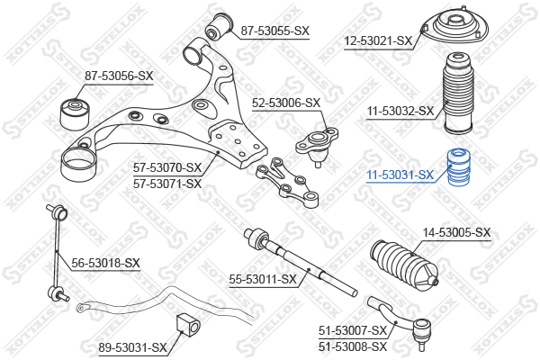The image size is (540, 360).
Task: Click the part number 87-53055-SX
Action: click(274, 31)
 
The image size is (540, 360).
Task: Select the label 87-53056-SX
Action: click(120, 76)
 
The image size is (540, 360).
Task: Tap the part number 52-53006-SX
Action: click(287, 103)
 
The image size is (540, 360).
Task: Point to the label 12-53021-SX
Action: click(378, 40)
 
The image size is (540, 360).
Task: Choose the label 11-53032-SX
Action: click(400, 112)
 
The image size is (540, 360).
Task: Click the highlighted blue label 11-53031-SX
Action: click(400, 175)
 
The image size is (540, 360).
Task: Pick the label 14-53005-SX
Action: click(457, 232)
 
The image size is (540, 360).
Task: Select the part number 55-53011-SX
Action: click(263, 279)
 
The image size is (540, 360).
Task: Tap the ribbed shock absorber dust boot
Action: click(458, 97)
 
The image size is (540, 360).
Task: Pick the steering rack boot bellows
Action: click(405, 265)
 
